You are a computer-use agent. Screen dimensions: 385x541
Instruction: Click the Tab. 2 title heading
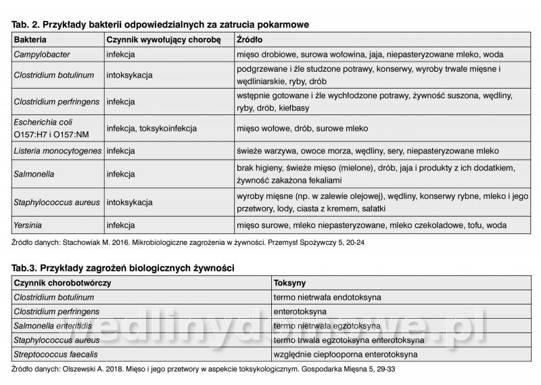pyautogui.click(x=160, y=24)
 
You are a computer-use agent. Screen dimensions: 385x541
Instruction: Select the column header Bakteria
pyautogui.click(x=30, y=39)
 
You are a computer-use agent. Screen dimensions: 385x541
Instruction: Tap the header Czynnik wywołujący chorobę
pyautogui.click(x=164, y=39)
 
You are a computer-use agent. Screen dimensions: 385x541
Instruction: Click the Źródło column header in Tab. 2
pyautogui.click(x=250, y=39)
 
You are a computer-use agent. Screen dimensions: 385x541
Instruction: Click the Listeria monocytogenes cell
pyautogui.click(x=57, y=150)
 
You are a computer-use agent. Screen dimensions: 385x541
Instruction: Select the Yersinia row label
pyautogui.click(x=29, y=225)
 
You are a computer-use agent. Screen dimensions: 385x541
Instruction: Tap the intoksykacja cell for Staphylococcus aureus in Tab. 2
pyautogui.click(x=129, y=202)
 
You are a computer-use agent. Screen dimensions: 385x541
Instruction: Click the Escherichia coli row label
pyautogui.click(x=43, y=121)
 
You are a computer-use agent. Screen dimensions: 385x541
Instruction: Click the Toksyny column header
pyautogui.click(x=291, y=283)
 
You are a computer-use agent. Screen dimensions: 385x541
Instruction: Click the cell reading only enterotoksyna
pyautogui.click(x=301, y=311)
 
